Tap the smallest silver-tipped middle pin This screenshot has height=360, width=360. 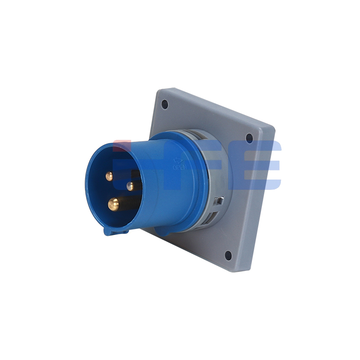coord(130,186)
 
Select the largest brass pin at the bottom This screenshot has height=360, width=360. coord(113,205)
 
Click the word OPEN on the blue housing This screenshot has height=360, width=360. coord(180,167)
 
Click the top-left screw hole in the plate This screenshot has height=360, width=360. coord(165,104)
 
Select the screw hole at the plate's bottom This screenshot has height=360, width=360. coord(228,256)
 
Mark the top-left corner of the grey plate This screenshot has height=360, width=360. coord(158,90)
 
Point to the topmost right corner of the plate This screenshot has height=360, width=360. coord(274,128)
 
